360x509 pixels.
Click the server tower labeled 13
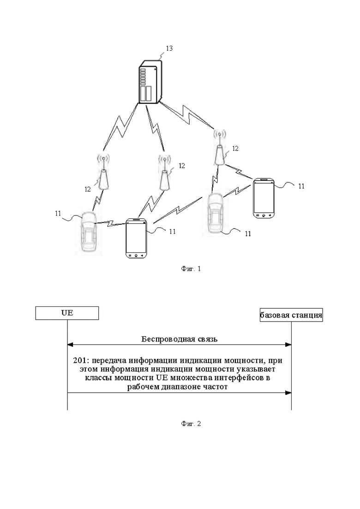pyautogui.click(x=150, y=82)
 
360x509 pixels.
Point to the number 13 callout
pyautogui.click(x=169, y=48)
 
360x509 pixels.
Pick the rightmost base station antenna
pyautogui.click(x=220, y=147)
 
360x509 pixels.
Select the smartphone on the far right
pyautogui.click(x=264, y=198)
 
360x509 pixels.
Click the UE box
pyautogui.click(x=67, y=313)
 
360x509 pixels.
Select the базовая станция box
pyautogui.click(x=291, y=315)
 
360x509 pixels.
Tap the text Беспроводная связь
pyautogui.click(x=179, y=339)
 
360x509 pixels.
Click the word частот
pyautogui.click(x=216, y=387)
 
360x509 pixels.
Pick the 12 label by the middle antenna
pyautogui.click(x=182, y=166)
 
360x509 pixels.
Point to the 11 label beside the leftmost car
pyautogui.click(x=58, y=214)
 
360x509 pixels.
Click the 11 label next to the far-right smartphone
pyautogui.click(x=301, y=186)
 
